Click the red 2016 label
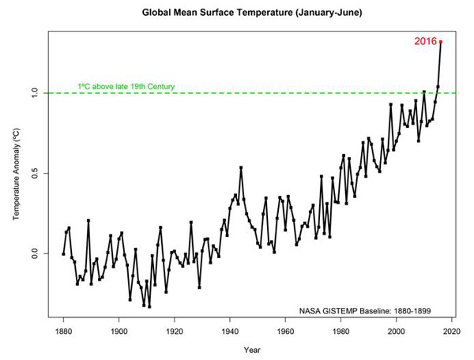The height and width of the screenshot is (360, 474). coord(425,41)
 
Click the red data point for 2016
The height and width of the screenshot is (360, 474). coord(441,42)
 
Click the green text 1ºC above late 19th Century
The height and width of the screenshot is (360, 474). coord(126,86)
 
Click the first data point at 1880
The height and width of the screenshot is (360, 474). coord(63,253)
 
